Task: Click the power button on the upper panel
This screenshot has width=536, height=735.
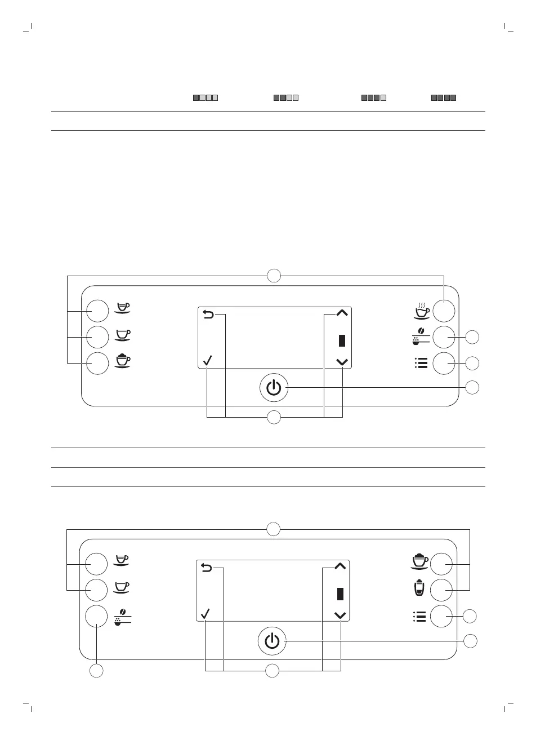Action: coord(273,387)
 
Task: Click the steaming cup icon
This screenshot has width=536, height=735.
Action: coord(421,309)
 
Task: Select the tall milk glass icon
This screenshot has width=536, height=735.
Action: coord(418,589)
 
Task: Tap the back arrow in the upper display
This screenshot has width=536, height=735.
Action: coord(208,315)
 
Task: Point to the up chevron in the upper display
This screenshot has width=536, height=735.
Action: coord(342,313)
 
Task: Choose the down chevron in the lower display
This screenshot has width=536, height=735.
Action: coord(340,616)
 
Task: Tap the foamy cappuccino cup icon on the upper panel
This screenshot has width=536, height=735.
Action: coord(123,361)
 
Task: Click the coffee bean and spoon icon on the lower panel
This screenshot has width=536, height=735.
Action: coord(122,617)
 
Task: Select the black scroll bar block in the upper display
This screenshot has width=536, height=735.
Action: coord(342,341)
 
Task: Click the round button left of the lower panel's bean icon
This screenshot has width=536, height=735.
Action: coord(97,617)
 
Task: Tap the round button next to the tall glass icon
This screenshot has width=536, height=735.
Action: coord(443,590)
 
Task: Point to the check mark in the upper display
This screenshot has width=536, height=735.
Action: coord(207,361)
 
